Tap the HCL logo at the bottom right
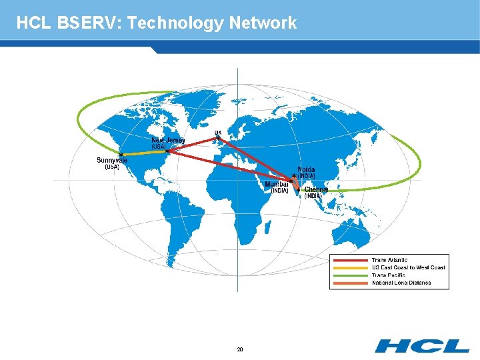[x=421, y=345]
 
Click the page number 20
[x=240, y=349]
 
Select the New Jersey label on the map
[x=168, y=140]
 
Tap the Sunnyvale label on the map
[x=112, y=160]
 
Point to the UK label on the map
[x=218, y=132]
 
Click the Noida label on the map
[x=306, y=169]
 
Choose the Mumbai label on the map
[x=277, y=184]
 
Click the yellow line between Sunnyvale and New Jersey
[x=143, y=154]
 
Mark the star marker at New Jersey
[x=167, y=151]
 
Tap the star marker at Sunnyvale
[x=120, y=155]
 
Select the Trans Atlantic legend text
[x=390, y=260]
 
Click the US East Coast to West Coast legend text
[x=409, y=267]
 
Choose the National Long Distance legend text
[x=401, y=283]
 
